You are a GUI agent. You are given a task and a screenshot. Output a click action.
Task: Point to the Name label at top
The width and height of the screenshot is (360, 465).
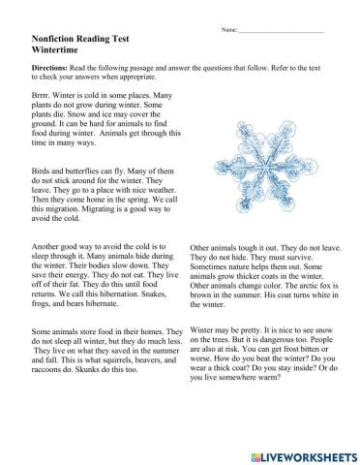pyautogui.click(x=229, y=32)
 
